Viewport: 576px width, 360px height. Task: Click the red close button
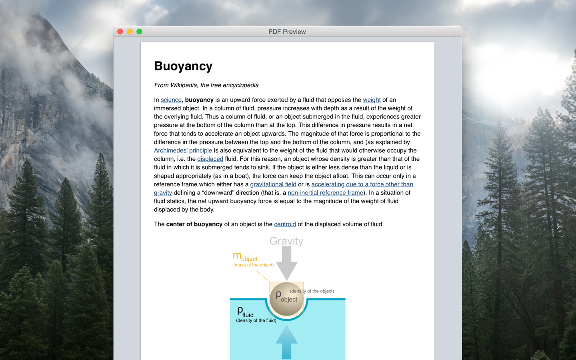(x=120, y=32)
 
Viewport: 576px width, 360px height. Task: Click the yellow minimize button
(x=130, y=32)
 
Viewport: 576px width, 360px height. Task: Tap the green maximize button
(x=139, y=32)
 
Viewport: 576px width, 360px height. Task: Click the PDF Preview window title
(x=287, y=32)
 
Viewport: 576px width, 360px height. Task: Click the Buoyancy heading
(x=183, y=66)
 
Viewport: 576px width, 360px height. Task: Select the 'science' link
(x=171, y=100)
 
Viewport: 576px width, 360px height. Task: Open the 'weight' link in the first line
(x=372, y=100)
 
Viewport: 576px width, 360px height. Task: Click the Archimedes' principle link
(x=183, y=150)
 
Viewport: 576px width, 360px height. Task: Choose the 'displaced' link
(x=210, y=159)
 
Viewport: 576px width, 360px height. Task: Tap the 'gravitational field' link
(x=273, y=184)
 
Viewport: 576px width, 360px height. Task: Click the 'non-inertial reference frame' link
(x=325, y=193)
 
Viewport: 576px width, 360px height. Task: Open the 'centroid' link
(x=285, y=224)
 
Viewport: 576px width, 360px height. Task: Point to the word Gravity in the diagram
(x=286, y=241)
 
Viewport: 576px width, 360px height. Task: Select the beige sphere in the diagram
(x=286, y=299)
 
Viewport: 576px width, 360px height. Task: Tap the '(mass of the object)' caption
(x=254, y=265)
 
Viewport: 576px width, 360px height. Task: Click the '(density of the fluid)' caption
(x=256, y=320)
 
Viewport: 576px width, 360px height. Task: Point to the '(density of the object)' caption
(x=312, y=291)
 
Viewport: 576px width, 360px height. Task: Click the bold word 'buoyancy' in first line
(x=199, y=100)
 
